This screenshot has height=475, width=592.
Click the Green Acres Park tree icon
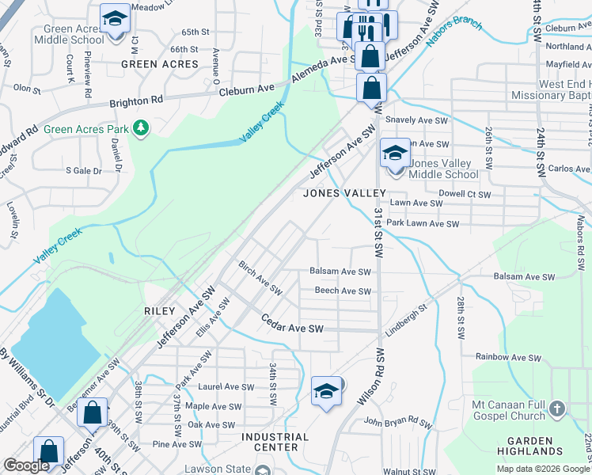(141, 127)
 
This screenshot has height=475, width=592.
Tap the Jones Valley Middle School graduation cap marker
(394, 153)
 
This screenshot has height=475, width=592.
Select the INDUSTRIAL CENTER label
(271, 442)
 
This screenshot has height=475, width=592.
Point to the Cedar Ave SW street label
(293, 327)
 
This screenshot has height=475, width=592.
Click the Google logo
(27, 465)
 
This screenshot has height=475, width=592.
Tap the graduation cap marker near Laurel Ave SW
(325, 391)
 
